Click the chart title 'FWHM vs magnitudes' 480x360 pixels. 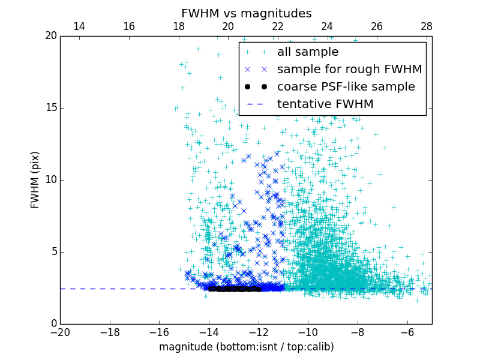click(246, 13)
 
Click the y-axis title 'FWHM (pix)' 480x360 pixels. click(35, 179)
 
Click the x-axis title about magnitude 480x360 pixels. click(246, 347)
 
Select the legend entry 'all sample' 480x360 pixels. click(307, 52)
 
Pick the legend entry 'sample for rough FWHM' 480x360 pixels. click(349, 70)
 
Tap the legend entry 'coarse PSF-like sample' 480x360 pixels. click(346, 87)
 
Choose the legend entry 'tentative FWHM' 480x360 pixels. click(325, 104)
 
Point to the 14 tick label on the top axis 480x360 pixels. click(79, 26)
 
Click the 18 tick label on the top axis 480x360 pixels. click(178, 26)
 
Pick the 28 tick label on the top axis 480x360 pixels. click(427, 26)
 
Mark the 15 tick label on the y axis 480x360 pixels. click(50, 108)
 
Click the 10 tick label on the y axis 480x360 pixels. click(50, 180)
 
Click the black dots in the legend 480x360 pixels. click(256, 87)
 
